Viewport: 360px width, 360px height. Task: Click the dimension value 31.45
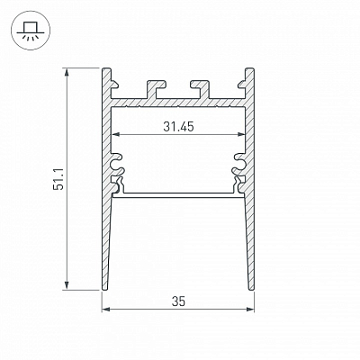pos(178,127)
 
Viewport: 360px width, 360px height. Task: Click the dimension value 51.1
pos(58,179)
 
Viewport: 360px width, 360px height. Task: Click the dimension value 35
pos(178,301)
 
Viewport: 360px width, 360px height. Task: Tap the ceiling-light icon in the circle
pos(31,31)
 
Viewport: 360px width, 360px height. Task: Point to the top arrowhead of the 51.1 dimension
pos(67,72)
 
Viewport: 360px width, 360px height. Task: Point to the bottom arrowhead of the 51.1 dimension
pos(67,286)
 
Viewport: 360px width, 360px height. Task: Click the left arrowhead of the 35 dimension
pos(106,310)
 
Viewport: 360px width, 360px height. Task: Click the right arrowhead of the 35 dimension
pos(250,310)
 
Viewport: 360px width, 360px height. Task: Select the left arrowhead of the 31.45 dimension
pos(116,134)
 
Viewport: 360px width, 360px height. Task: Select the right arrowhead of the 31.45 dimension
pos(241,134)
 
